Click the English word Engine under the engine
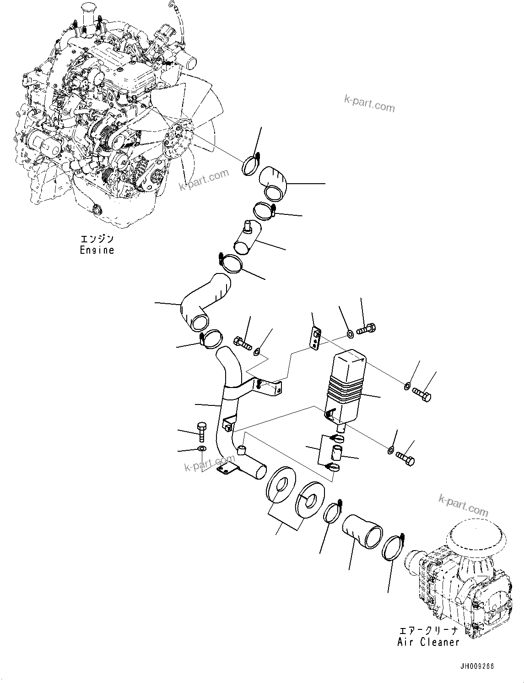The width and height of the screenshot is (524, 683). click(97, 251)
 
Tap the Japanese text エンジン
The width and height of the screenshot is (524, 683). click(97, 240)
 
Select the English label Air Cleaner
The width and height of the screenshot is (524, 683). click(428, 642)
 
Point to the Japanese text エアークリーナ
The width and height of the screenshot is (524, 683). click(428, 631)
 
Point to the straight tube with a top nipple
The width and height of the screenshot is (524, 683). click(247, 238)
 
